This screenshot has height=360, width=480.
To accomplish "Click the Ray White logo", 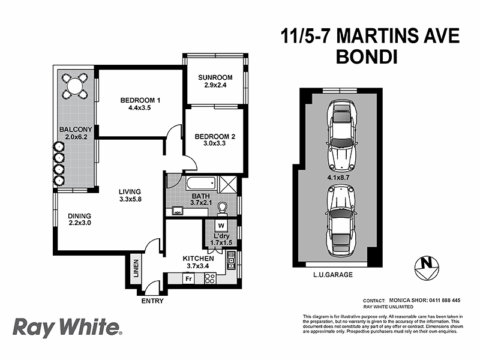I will point(67,328).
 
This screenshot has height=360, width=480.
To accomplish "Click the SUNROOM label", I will point(215,78).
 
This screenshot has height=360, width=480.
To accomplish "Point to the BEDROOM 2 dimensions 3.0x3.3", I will point(214,145).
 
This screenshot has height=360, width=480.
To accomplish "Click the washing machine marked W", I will point(221,226).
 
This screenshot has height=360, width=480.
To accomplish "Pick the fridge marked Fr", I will point(188,279).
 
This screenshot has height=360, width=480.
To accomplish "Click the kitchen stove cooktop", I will point(210,278).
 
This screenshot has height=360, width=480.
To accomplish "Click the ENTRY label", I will point(152,301).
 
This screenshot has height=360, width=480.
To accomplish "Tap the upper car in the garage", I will point(340,135).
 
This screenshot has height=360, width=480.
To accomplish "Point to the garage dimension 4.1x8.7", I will point(339,178).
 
